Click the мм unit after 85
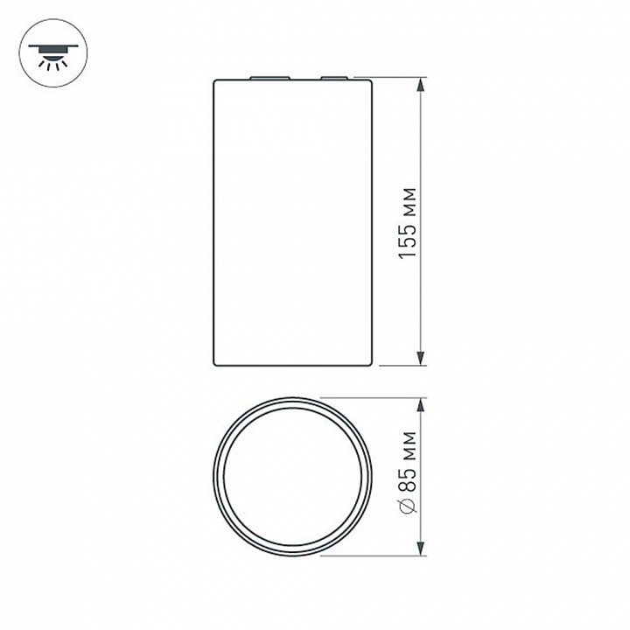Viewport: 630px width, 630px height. [406, 451]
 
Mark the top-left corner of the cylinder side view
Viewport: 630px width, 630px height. [215, 81]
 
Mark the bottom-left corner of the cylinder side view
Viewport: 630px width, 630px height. [215, 364]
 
